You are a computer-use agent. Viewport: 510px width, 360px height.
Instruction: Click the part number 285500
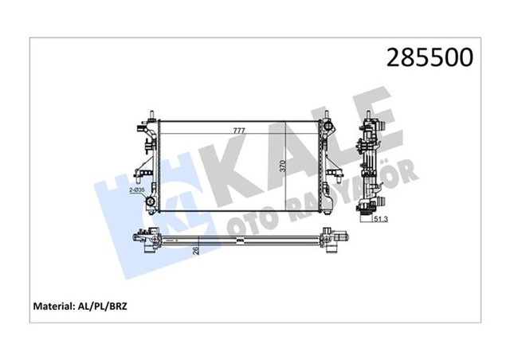point(430,57)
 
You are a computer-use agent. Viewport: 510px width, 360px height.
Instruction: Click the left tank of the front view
point(152,163)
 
